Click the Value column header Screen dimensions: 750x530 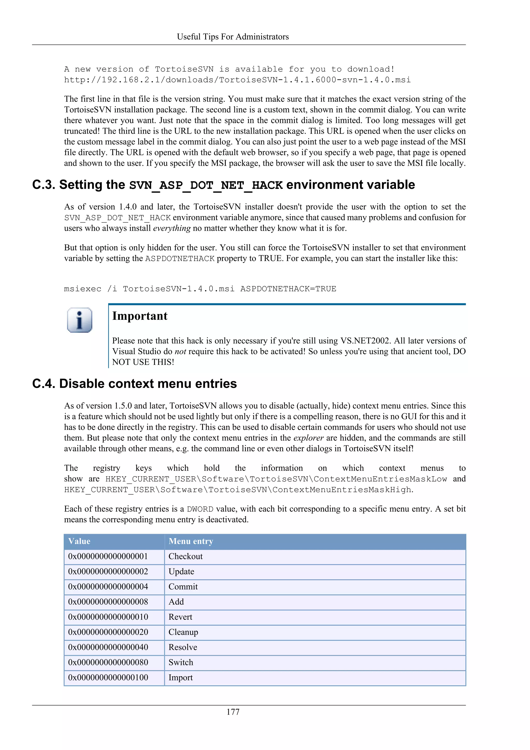(x=79, y=541)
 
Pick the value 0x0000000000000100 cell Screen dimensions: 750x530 (x=108, y=677)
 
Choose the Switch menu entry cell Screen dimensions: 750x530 (x=181, y=662)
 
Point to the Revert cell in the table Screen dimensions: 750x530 (x=180, y=617)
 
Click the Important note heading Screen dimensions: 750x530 (x=140, y=316)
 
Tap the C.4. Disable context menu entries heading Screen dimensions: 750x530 (x=135, y=384)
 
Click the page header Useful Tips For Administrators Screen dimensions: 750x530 (x=233, y=37)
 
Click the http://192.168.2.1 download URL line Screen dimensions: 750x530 (x=237, y=80)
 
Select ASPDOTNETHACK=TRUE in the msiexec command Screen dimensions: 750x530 (x=288, y=289)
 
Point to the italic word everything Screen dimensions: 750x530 (x=172, y=228)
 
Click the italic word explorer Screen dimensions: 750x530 (x=308, y=438)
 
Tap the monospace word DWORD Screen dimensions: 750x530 (x=200, y=509)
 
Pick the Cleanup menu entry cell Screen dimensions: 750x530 (x=183, y=632)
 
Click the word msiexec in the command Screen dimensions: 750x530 (x=83, y=289)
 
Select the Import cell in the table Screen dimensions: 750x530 (x=180, y=677)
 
